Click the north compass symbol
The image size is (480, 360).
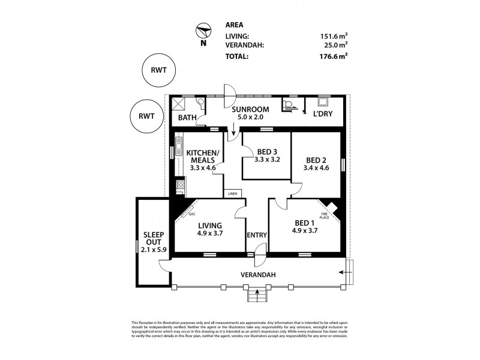pos(203,31)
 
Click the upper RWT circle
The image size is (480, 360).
pos(158,70)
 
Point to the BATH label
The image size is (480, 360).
pos(187,118)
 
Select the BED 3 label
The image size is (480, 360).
pos(267,151)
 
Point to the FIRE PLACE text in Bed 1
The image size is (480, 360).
pos(325,214)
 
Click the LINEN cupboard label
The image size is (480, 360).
pos(233,194)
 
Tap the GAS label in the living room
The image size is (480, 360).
pos(192,214)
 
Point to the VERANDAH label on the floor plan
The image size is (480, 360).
pos(258,275)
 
